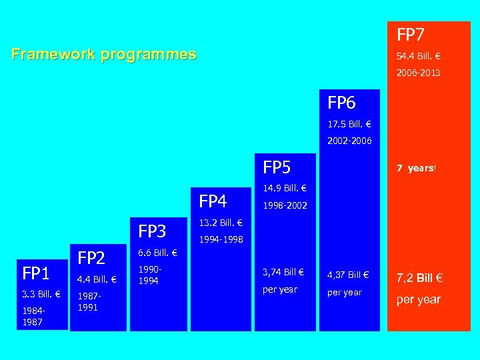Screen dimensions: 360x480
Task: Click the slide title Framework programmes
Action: (104, 55)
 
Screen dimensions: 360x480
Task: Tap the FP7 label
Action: (411, 34)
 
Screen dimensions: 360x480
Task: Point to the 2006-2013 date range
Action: (419, 73)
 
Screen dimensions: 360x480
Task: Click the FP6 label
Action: (341, 103)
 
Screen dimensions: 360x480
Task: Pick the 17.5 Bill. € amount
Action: (349, 124)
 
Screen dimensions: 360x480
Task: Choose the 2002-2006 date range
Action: (349, 141)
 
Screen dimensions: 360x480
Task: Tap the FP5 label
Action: (277, 167)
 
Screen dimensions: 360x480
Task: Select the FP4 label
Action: (213, 201)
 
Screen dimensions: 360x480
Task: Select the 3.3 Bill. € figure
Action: (41, 294)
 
